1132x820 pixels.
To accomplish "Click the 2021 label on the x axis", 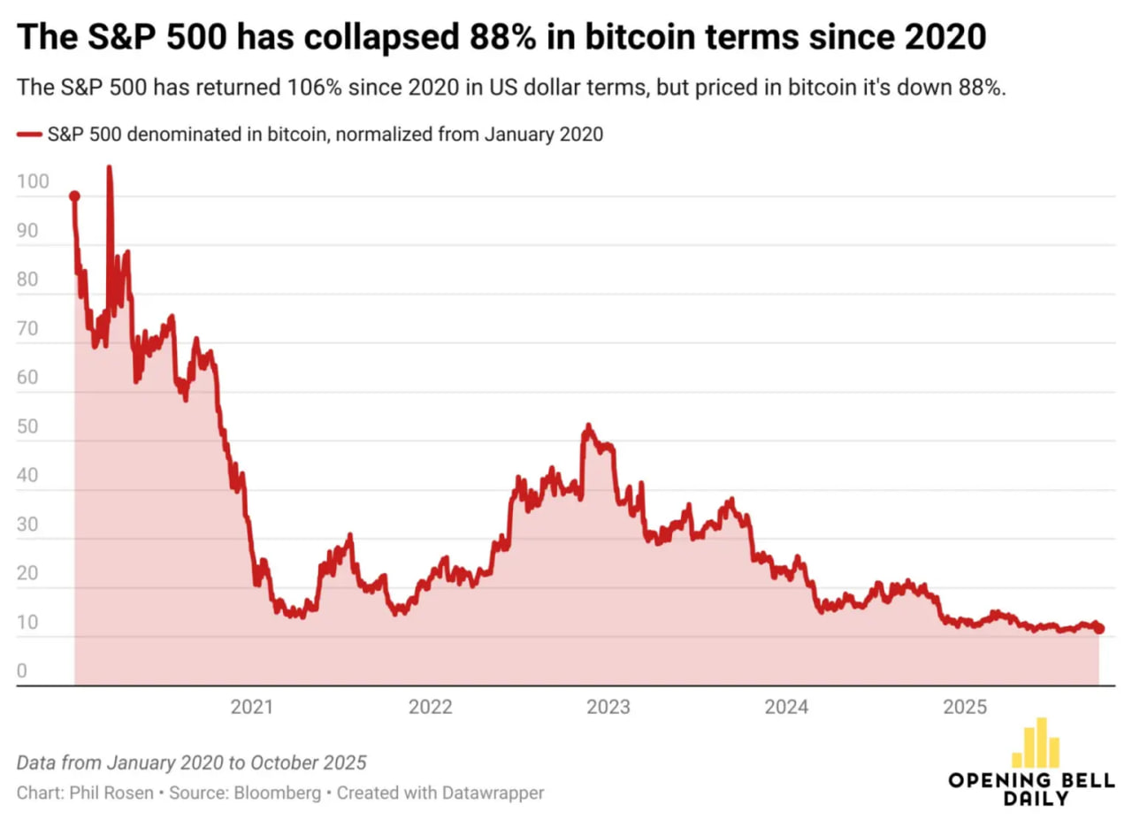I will (251, 708).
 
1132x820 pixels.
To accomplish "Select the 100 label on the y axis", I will (29, 182).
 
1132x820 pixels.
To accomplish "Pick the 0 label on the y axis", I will (22, 671).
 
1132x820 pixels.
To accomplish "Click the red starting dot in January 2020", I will (74, 196).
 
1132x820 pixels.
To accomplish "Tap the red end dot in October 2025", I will (1099, 628).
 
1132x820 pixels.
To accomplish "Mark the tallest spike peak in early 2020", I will (109, 168).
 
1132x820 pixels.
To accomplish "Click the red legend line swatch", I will (29, 134).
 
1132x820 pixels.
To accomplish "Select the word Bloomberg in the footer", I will (278, 793).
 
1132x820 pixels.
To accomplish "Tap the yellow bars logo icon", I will (1035, 743).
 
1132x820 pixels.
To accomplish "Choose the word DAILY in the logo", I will (1036, 799).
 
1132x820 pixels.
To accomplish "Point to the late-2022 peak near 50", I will (587, 427).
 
